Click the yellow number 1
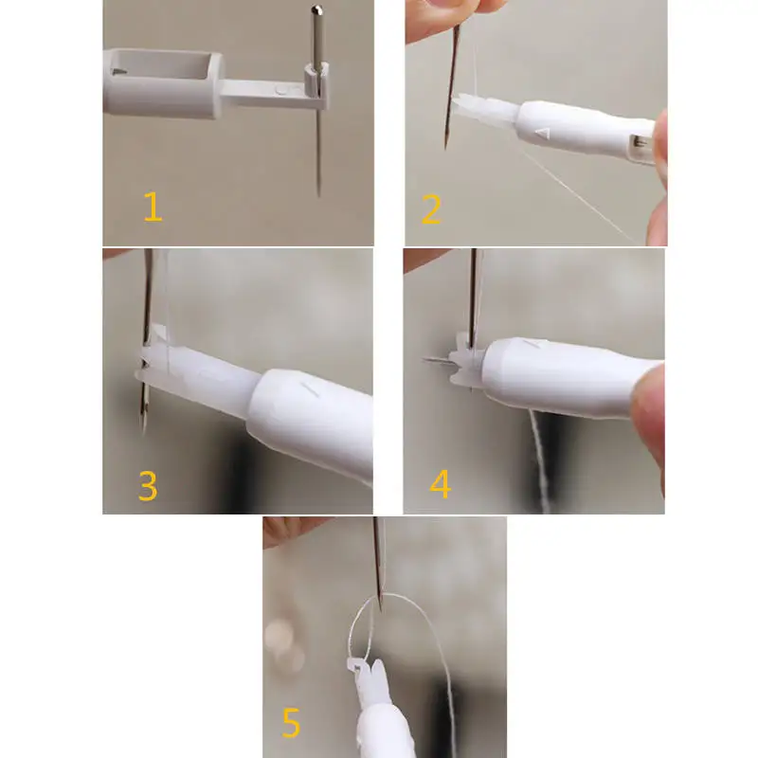tap(153, 207)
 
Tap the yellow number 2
tap(431, 208)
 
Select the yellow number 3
tap(148, 485)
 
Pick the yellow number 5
tap(291, 723)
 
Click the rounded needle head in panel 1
tap(316, 10)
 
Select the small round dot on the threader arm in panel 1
tap(280, 90)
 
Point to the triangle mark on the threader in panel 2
tap(543, 132)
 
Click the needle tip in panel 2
tap(445, 146)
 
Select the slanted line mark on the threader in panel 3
tap(310, 388)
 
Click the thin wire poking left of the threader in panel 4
tap(437, 360)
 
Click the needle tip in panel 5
tap(380, 608)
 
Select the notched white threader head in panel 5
tap(370, 677)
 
